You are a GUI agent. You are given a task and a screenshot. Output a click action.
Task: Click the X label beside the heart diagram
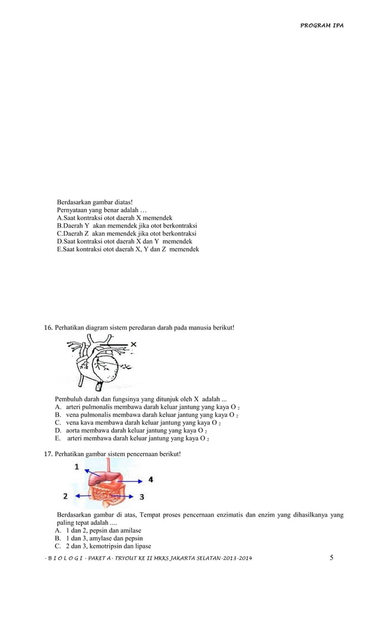pyautogui.click(x=134, y=344)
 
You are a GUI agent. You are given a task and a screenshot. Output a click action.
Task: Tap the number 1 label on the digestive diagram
pyautogui.click(x=77, y=467)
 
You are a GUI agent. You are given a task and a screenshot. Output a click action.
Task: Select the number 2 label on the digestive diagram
pyautogui.click(x=65, y=495)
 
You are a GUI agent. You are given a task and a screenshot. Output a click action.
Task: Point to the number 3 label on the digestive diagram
pyautogui.click(x=141, y=496)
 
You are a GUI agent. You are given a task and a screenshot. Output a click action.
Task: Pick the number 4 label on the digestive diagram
pyautogui.click(x=150, y=479)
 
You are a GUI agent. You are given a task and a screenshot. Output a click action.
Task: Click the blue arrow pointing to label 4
pyautogui.click(x=134, y=479)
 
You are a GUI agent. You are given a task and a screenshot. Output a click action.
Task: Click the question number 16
pyautogui.click(x=48, y=328)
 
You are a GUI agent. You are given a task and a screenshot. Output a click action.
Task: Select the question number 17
pyautogui.click(x=48, y=454)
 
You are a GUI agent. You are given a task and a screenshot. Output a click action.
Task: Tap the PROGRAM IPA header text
pyautogui.click(x=321, y=26)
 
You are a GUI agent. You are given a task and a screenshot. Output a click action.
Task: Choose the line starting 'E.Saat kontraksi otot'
pyautogui.click(x=128, y=249)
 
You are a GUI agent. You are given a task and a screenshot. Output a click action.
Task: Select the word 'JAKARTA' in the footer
pyautogui.click(x=184, y=559)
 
